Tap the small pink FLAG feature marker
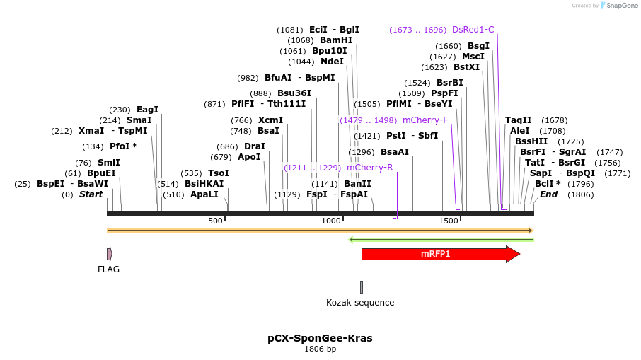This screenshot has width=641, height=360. (109, 254)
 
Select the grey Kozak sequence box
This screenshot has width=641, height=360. (362, 287)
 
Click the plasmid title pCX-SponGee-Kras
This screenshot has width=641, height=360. (320, 338)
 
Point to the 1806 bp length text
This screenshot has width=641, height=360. (320, 349)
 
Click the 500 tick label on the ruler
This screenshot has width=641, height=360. (215, 221)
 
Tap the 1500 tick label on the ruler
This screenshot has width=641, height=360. (449, 221)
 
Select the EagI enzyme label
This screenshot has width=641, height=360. (147, 110)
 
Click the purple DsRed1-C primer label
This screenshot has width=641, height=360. (473, 30)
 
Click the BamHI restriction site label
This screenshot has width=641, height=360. (336, 40)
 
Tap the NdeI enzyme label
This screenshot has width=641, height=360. (332, 62)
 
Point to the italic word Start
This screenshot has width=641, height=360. (91, 194)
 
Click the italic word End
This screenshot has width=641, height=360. (548, 194)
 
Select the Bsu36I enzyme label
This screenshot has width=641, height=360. (294, 93)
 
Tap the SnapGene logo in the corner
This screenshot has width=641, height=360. (616, 6)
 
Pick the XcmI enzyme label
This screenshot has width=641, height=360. (270, 120)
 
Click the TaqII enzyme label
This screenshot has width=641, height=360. (518, 120)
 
